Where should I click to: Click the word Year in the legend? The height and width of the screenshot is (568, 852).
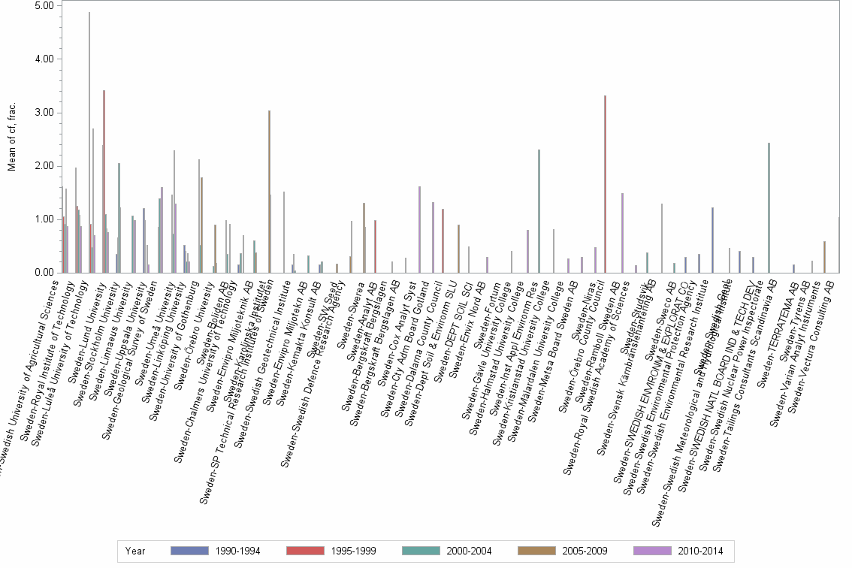point(136,551)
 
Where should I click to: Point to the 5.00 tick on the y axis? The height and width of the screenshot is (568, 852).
point(44,6)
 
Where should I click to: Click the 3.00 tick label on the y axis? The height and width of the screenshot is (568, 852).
point(44,113)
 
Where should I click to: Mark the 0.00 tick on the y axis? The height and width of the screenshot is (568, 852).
point(44,273)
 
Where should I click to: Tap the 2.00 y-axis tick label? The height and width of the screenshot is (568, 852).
point(44,166)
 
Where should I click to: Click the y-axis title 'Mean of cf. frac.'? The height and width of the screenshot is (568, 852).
point(12,139)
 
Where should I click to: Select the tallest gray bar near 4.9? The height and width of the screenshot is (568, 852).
point(89,143)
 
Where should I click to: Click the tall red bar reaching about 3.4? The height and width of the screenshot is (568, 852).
point(104,181)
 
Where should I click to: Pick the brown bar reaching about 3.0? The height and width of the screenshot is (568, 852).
point(269,192)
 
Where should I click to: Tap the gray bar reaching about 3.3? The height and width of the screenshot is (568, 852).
point(605,184)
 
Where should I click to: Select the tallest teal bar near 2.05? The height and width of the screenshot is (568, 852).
point(119,218)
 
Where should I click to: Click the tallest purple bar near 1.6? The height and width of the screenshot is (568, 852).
point(419,229)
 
